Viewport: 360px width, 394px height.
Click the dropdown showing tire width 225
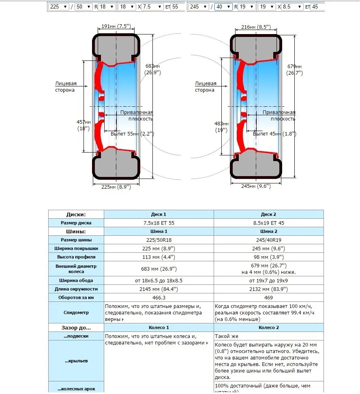coord(59,7)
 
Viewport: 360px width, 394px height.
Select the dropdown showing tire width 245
coord(198,7)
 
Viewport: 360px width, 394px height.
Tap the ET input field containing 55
coord(177,7)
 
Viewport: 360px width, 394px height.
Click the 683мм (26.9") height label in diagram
coord(152,69)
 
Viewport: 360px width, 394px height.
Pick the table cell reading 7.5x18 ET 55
coord(159,223)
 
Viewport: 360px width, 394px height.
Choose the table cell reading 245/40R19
coord(269,240)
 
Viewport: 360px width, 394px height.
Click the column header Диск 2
coord(269,214)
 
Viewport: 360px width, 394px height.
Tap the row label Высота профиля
coord(76,257)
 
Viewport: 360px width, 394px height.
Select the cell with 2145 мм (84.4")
coord(159,289)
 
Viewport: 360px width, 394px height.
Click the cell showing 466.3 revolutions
coord(159,297)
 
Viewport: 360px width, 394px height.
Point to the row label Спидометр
coord(76,312)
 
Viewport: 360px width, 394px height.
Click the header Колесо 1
coord(159,327)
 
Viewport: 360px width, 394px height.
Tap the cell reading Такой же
coord(227,336)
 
